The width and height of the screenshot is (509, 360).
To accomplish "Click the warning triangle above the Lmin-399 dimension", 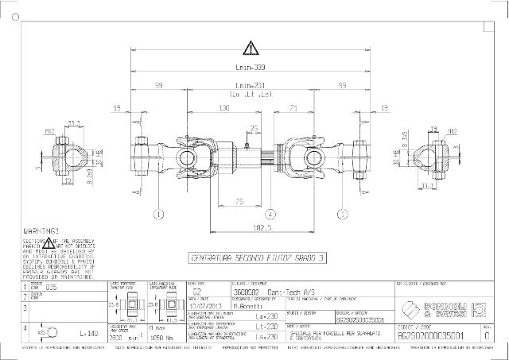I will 251,48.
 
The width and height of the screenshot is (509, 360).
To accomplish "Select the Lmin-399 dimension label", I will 251,68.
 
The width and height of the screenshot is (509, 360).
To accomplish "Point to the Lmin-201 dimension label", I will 251,85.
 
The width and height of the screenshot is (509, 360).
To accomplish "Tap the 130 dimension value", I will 224,106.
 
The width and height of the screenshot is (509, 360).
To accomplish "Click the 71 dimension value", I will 293,106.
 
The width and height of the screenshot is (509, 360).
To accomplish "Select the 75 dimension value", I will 239,202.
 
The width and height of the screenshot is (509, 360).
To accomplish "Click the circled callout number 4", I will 270,213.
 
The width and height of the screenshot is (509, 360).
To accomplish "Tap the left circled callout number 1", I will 158,213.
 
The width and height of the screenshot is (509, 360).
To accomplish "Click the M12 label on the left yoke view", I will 49,130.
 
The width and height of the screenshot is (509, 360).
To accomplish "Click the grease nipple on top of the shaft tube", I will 249,146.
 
